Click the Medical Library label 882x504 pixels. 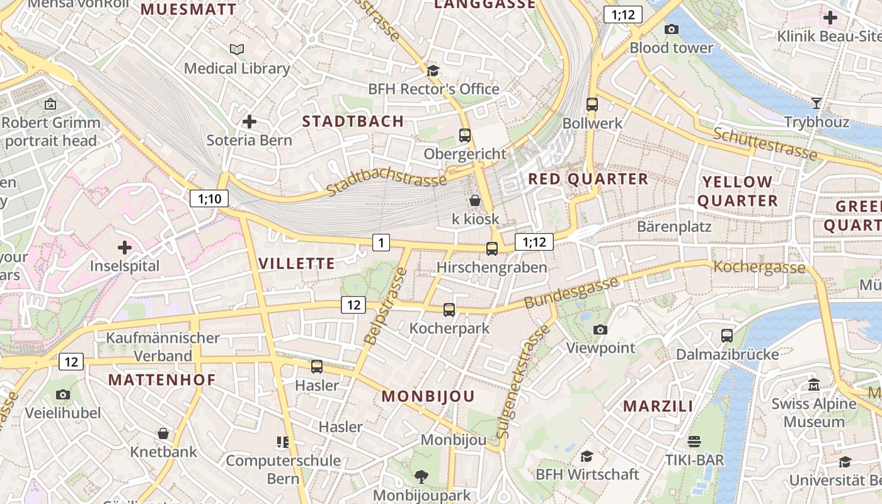(x=237, y=68)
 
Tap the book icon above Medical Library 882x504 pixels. (x=237, y=49)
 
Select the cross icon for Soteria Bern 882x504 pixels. (x=249, y=121)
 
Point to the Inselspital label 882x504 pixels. (x=125, y=266)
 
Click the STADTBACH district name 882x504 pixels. (x=353, y=122)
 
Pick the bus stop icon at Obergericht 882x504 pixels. (x=465, y=135)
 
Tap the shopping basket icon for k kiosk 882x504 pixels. (x=475, y=200)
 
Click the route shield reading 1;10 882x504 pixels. (x=209, y=199)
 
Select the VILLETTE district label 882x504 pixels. (x=297, y=263)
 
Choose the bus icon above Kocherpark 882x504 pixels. (x=449, y=309)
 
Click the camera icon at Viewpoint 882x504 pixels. (x=600, y=329)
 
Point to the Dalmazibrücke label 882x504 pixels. (x=728, y=354)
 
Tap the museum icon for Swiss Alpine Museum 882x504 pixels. (x=814, y=384)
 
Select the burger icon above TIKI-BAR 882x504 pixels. (x=694, y=441)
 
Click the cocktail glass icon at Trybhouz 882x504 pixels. (x=817, y=103)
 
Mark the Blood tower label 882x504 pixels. (x=672, y=48)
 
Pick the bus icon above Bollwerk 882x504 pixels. (x=592, y=104)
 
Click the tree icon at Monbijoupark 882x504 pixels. (x=421, y=476)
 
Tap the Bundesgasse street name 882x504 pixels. (x=571, y=292)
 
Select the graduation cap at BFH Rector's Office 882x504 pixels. (x=433, y=71)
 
